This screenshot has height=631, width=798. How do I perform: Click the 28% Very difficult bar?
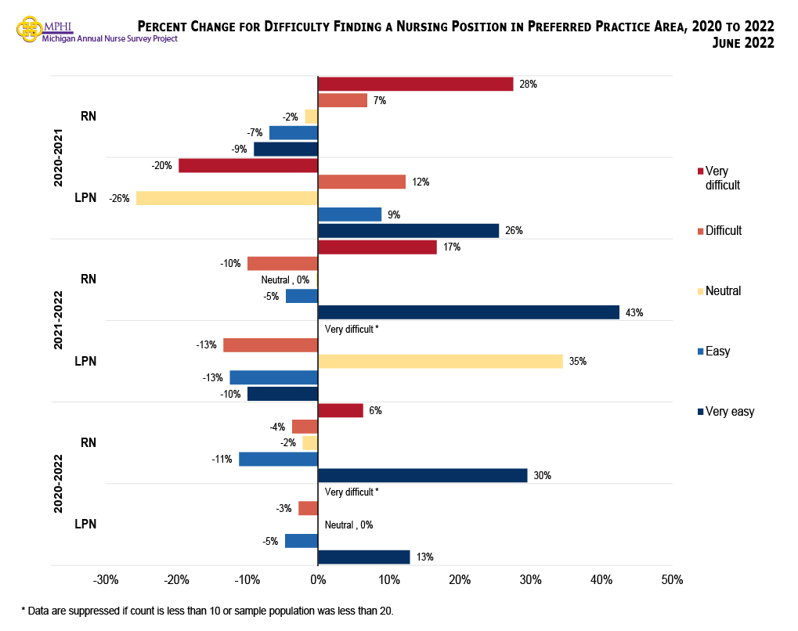click(x=415, y=84)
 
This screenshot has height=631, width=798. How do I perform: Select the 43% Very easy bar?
click(x=468, y=312)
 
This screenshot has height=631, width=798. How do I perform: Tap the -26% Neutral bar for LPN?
click(x=226, y=198)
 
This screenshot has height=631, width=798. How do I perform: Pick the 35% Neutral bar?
click(x=439, y=361)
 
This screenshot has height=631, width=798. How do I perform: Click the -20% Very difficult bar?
click(x=247, y=165)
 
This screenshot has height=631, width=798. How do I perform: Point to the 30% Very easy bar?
click(x=422, y=475)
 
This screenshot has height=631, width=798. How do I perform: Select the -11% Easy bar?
click(x=278, y=459)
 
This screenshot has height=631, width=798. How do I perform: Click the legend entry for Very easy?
click(x=729, y=411)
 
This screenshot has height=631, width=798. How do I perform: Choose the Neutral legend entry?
click(x=722, y=290)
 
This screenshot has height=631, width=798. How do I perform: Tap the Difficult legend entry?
click(x=723, y=230)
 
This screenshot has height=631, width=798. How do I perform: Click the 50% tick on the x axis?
click(x=672, y=580)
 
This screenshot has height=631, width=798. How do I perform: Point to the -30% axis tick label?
click(x=105, y=580)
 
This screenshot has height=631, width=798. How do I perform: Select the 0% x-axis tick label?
click(x=317, y=580)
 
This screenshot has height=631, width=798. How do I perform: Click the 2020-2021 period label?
click(x=59, y=157)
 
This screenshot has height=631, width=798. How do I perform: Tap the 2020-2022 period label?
click(x=59, y=482)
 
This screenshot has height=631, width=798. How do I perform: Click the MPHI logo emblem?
click(x=30, y=30)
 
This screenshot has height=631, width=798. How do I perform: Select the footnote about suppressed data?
click(x=207, y=611)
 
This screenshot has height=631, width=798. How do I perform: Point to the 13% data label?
click(x=425, y=557)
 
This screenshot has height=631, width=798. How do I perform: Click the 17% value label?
click(x=452, y=247)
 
